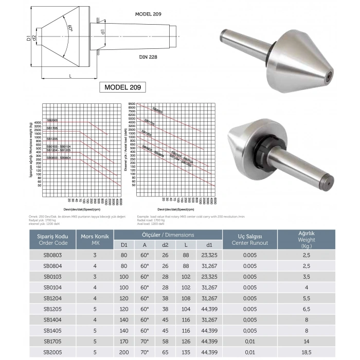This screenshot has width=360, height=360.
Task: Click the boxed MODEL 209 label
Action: [122, 87]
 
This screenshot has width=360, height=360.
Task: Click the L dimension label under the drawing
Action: [70, 76]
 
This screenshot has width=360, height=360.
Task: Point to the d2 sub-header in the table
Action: [165, 244]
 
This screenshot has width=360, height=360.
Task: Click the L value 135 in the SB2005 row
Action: [186, 352]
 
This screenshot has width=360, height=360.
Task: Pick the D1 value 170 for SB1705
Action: [124, 341]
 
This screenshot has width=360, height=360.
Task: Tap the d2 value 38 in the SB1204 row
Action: [165, 298]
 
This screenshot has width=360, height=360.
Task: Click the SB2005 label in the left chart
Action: [52, 120]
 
